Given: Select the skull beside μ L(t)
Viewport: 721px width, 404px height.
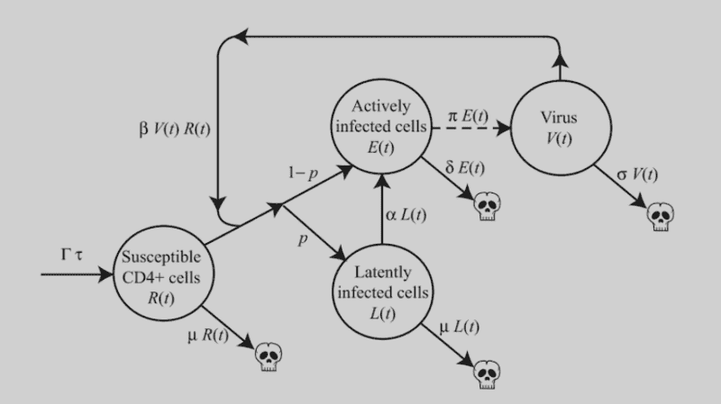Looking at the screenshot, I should (x=488, y=372).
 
